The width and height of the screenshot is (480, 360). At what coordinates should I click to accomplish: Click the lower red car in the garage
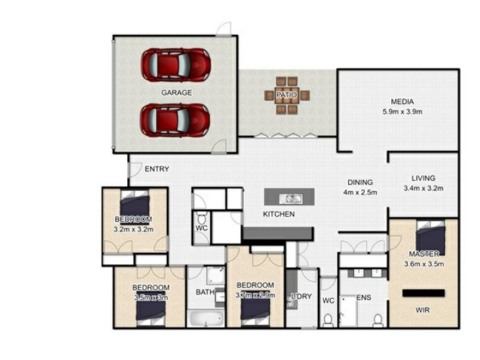175,120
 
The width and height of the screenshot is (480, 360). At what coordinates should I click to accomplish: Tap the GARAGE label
176,92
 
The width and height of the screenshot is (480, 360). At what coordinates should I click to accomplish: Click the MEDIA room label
402,101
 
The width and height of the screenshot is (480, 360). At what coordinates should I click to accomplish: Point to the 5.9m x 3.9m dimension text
403,111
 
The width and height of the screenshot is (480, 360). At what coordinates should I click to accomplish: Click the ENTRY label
157,169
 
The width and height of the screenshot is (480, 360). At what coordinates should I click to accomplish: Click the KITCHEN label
278,214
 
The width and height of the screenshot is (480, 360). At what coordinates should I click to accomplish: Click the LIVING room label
423,178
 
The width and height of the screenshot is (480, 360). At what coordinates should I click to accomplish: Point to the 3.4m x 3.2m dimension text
423,188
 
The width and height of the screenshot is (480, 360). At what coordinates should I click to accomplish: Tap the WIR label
423,311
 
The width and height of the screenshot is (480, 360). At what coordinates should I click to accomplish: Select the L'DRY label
301,296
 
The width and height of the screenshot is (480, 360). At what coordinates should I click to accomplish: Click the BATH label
205,292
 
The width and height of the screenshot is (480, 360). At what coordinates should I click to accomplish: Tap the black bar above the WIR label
423,293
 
